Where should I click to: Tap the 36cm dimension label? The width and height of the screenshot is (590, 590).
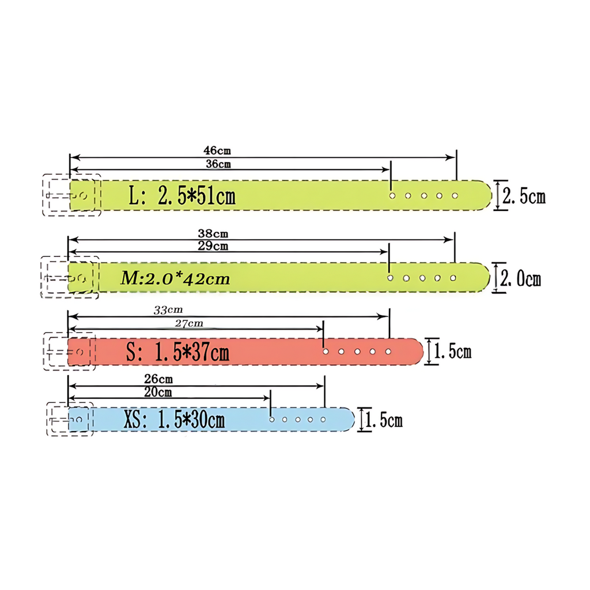pyautogui.click(x=218, y=164)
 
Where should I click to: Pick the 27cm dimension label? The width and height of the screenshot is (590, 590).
pyautogui.click(x=188, y=323)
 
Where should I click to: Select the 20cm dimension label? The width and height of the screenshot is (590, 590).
pyautogui.click(x=158, y=392)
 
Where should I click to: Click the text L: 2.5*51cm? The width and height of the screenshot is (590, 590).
pyautogui.click(x=182, y=196)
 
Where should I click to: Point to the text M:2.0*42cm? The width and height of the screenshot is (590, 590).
pyautogui.click(x=175, y=279)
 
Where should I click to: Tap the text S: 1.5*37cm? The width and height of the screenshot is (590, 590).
pyautogui.click(x=177, y=352)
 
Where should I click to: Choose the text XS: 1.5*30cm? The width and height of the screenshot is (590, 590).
pyautogui.click(x=173, y=420)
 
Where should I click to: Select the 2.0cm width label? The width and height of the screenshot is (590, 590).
pyautogui.click(x=520, y=279)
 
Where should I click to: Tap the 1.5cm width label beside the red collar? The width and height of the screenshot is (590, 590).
pyautogui.click(x=452, y=351)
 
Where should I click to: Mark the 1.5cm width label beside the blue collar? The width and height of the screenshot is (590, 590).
pyautogui.click(x=384, y=420)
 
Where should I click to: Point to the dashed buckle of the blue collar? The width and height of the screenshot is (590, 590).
pyautogui.click(x=69, y=419)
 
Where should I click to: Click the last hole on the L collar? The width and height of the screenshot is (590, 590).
pyautogui.click(x=455, y=196)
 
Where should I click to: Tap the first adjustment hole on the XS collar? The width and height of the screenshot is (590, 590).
pyautogui.click(x=271, y=419)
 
